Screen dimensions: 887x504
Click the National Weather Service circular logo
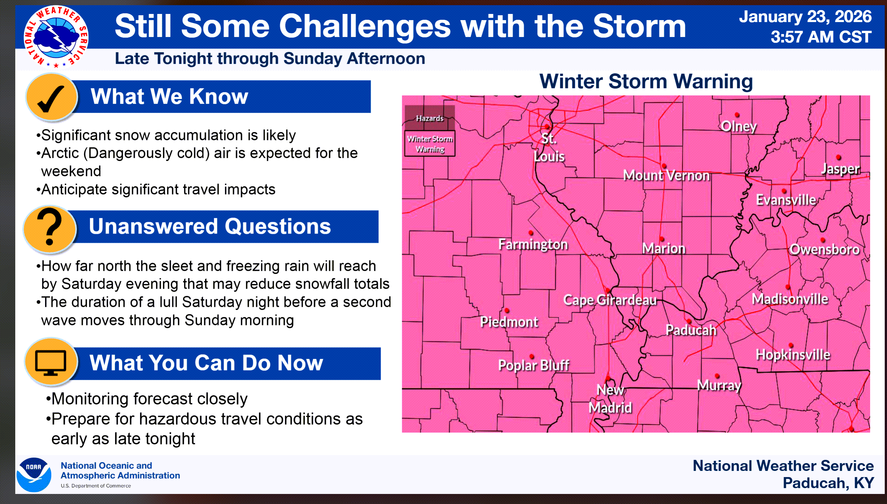(x=56, y=37)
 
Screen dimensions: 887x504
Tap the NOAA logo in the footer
(x=34, y=474)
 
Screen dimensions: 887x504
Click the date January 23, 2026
(x=805, y=17)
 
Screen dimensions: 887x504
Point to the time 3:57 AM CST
(x=820, y=37)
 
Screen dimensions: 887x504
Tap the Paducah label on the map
(x=691, y=330)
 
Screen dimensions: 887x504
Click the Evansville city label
(x=785, y=200)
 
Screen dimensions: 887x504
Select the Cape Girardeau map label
(x=610, y=300)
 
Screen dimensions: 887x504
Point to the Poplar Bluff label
(x=533, y=365)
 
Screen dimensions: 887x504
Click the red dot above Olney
(x=737, y=115)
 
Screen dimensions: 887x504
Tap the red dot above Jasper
(x=839, y=158)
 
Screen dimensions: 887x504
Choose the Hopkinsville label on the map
(x=793, y=354)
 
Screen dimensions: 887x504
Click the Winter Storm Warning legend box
(x=430, y=144)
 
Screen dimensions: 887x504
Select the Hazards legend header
(x=429, y=118)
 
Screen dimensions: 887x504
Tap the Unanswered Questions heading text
(x=210, y=226)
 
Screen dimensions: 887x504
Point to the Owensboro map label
(x=824, y=249)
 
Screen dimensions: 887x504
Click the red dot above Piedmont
(x=507, y=310)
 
